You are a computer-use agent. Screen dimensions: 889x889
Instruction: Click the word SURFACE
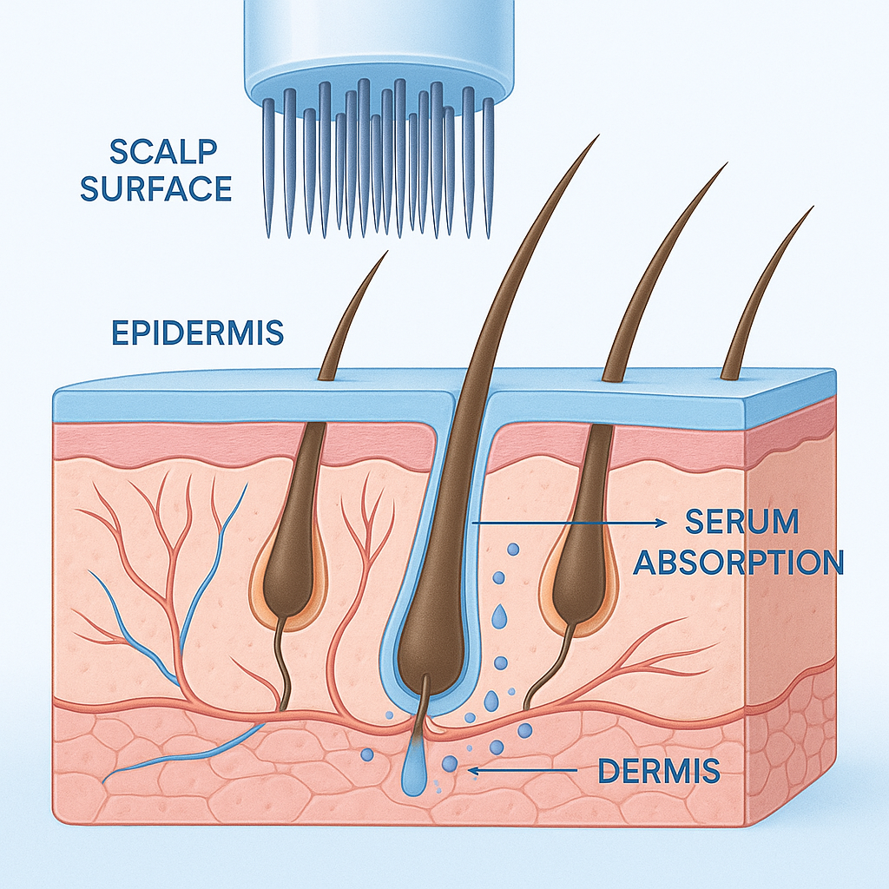click(156, 188)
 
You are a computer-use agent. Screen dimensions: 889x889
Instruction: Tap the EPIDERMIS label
click(198, 332)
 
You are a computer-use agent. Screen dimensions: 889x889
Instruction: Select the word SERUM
click(741, 523)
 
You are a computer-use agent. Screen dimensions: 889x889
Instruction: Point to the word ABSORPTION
click(738, 562)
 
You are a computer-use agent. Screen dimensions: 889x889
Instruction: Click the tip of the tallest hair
click(598, 137)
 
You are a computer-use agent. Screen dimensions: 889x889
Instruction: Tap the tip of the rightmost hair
click(812, 208)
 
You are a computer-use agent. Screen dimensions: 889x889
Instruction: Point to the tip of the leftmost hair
click(385, 253)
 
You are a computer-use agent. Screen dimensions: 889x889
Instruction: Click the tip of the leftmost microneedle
click(269, 234)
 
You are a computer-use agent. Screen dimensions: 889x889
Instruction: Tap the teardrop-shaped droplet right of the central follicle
click(499, 616)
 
